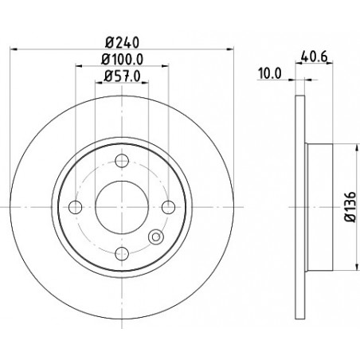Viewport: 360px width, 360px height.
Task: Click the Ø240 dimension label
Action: pyautogui.click(x=122, y=42)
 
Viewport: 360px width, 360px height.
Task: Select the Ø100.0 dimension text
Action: pyautogui.click(x=122, y=59)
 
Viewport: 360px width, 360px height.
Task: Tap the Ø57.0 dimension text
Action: pyautogui.click(x=122, y=76)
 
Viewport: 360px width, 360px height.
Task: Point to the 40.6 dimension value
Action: pyautogui.click(x=314, y=57)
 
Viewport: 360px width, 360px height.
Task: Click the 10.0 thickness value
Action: pyautogui.click(x=270, y=73)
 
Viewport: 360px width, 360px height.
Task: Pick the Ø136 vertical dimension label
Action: pyautogui.click(x=350, y=207)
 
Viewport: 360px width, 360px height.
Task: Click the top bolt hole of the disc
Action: pyautogui.click(x=122, y=161)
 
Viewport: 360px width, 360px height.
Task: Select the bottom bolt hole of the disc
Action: pyautogui.click(x=122, y=253)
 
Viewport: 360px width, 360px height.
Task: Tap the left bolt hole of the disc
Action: pyautogui.click(x=75, y=207)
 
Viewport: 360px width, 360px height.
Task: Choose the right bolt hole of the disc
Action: pyautogui.click(x=168, y=207)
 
